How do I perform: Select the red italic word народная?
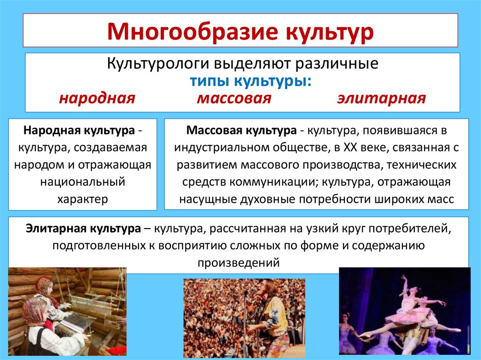97,99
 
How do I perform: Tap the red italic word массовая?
234,99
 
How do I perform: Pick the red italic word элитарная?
381,99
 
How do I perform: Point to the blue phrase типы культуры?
250,81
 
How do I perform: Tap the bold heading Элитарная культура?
83,229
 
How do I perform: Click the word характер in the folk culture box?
82,199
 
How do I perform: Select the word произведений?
239,262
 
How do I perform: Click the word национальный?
82,181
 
